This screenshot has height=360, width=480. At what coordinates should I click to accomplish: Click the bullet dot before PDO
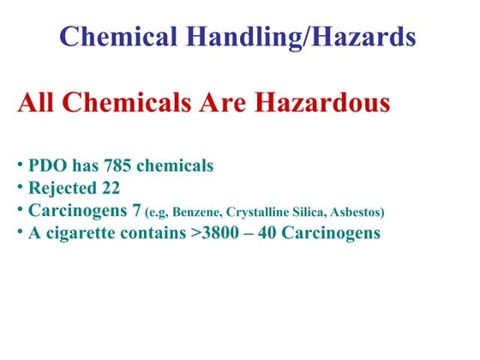coord(20,164)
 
